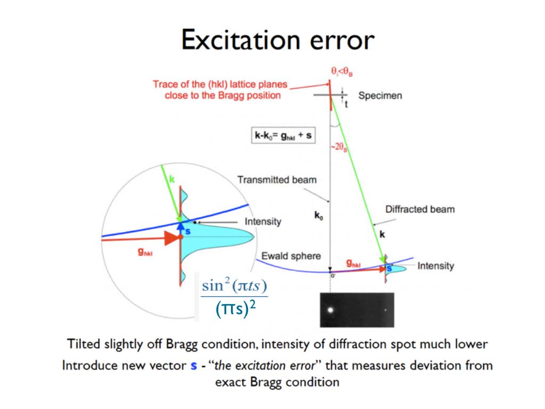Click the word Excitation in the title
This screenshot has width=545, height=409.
[x=241, y=40]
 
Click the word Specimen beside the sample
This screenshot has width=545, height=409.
[x=380, y=95]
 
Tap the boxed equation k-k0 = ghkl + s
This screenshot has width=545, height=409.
[x=283, y=135]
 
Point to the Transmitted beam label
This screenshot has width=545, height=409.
[x=277, y=179]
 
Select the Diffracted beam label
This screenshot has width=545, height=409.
[x=420, y=209]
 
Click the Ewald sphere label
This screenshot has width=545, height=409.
[x=291, y=256]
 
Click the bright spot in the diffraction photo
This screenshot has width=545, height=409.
[x=330, y=309]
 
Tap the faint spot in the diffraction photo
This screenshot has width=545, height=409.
[x=385, y=309]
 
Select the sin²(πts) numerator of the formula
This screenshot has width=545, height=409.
[x=234, y=285]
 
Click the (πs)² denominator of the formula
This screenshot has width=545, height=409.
[x=235, y=308]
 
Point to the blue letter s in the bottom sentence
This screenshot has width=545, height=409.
[x=194, y=366]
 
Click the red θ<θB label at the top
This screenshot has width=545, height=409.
[x=342, y=71]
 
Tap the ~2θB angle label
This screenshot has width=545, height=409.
[x=338, y=147]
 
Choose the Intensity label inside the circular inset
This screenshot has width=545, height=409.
[x=263, y=222]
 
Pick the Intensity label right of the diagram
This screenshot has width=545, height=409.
[x=436, y=266]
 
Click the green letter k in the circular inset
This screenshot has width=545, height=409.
[x=171, y=179]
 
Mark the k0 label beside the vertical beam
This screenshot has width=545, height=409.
[x=319, y=215]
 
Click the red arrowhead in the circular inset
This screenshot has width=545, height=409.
[x=172, y=238]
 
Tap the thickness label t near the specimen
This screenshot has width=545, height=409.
[x=346, y=104]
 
